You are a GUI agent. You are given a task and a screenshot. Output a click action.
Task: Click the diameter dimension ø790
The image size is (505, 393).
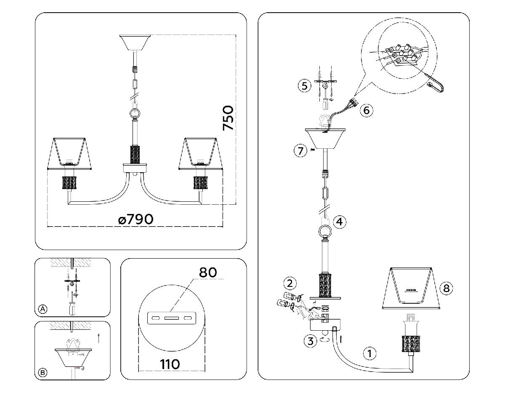pyautogui.click(x=136, y=219)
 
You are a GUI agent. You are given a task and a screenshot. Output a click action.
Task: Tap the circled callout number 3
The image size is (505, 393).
pyautogui.click(x=310, y=340)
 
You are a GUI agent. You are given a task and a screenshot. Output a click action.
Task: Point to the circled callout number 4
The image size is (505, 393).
pyautogui.click(x=340, y=221)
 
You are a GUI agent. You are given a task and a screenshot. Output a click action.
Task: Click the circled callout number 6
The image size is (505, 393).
pyautogui.click(x=366, y=110)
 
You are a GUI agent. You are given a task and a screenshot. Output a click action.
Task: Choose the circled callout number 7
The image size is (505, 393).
pyautogui.click(x=300, y=150)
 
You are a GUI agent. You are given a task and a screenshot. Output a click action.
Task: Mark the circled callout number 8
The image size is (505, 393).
pyautogui.click(x=446, y=289)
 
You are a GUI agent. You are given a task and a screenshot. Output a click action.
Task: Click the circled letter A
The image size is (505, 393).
pyautogui.click(x=42, y=309)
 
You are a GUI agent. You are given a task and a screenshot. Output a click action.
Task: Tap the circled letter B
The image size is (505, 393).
pyautogui.click(x=42, y=372)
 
